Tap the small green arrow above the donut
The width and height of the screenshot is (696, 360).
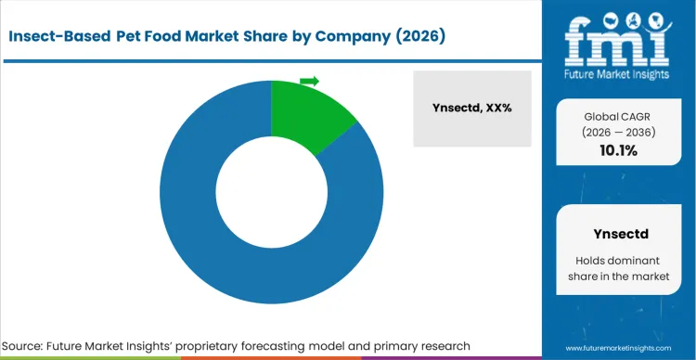tap(309, 81)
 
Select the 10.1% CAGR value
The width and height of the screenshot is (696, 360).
tap(618, 150)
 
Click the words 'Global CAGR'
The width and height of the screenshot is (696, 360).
tap(618, 116)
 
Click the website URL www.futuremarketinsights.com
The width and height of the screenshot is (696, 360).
tap(617, 345)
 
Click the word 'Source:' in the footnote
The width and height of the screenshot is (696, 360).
tap(33, 345)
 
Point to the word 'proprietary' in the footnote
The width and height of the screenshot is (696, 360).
tap(270, 345)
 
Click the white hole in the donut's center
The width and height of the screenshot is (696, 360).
tap(271, 192)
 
